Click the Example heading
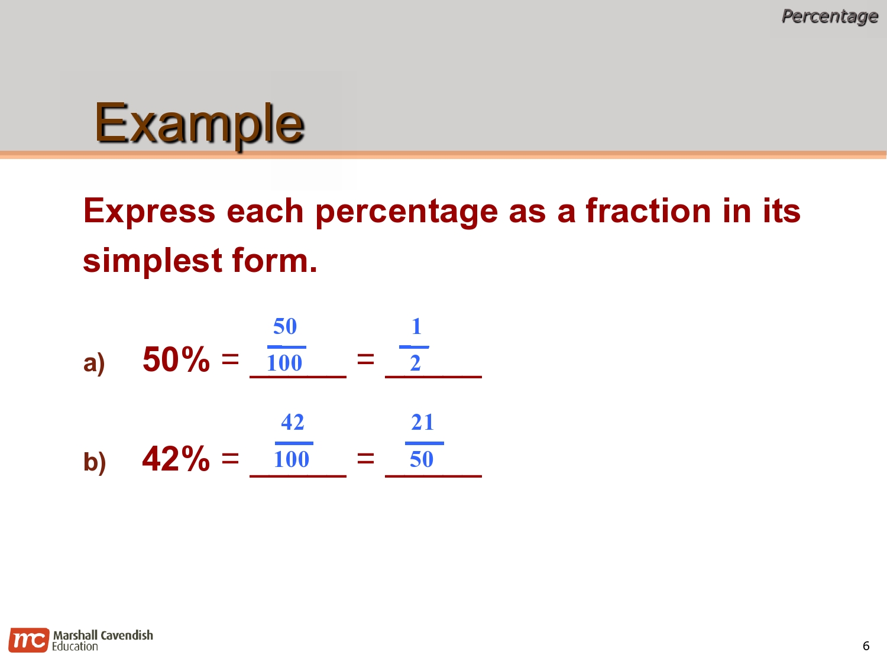click(x=199, y=124)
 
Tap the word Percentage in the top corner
click(x=829, y=16)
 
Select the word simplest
click(x=153, y=261)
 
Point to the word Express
click(x=150, y=211)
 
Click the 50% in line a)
click(x=176, y=359)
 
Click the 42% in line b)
click(x=176, y=459)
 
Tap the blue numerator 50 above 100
click(x=285, y=326)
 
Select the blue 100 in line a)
click(x=284, y=363)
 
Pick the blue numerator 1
click(x=416, y=326)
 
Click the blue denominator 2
click(x=415, y=363)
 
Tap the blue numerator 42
click(x=293, y=422)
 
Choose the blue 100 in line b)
click(x=292, y=459)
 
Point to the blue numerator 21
click(x=423, y=422)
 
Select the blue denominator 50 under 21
click(x=422, y=459)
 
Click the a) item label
click(x=94, y=363)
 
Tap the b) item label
click(x=95, y=462)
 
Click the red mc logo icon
click(x=28, y=640)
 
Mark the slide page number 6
click(x=866, y=645)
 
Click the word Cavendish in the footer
click(x=127, y=635)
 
